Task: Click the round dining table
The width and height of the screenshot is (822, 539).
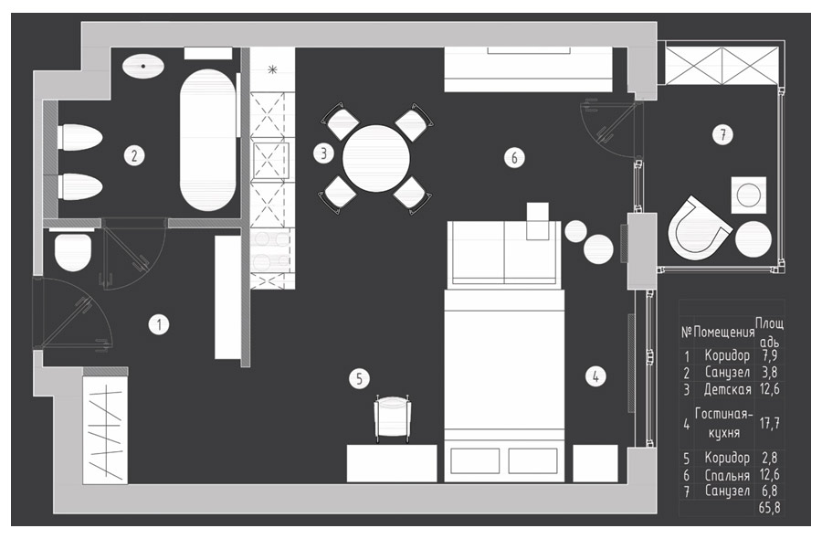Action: tap(376, 158)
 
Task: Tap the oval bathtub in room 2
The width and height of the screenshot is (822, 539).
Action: tap(207, 140)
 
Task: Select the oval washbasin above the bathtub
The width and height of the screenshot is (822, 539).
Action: tap(143, 67)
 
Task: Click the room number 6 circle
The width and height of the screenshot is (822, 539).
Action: tap(514, 157)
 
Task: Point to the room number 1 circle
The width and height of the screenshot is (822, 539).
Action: tap(159, 324)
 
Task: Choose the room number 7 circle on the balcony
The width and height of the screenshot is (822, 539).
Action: tap(722, 135)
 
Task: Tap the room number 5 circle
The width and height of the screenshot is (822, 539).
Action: tap(359, 378)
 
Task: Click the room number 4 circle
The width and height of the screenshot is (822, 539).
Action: tap(595, 376)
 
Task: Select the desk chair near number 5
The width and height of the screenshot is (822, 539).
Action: tap(393, 417)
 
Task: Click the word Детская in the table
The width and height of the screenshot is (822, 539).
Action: tap(727, 389)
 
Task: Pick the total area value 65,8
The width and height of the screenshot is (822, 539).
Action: tap(769, 508)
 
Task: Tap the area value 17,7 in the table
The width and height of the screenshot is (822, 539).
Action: tap(769, 423)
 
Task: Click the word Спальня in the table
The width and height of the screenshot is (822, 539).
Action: tap(727, 475)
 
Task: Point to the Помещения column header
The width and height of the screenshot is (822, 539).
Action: tap(724, 332)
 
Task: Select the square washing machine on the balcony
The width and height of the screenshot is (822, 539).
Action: tap(748, 196)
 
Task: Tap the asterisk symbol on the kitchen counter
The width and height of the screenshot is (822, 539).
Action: tap(272, 69)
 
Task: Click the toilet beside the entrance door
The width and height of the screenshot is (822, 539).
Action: tap(73, 250)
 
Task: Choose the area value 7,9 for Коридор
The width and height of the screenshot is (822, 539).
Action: tap(770, 355)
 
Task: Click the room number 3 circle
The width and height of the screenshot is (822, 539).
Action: tap(323, 153)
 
